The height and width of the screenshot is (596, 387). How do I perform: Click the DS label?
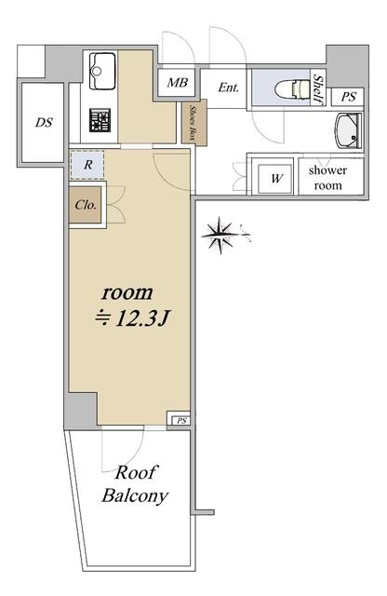pos(44,122)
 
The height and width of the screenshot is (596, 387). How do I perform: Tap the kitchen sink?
pos(101,71)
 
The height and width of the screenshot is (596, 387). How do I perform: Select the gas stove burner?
pos(100,120)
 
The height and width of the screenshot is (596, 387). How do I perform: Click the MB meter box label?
pos(178,82)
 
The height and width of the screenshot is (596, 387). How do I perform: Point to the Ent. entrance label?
pos(228,88)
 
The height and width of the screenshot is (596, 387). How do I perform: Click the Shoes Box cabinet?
pos(194,122)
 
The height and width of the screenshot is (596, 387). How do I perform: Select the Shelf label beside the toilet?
pos(318,89)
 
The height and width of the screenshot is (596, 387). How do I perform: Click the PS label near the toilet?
pos(348,97)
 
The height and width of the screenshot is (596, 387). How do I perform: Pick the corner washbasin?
pos(348,130)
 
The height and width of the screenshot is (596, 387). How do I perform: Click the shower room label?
pos(327,178)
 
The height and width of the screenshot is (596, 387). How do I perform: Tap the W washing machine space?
pos(275,178)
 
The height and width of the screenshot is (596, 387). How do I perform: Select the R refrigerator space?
pos(87,165)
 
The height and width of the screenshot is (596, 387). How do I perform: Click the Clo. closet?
pos(85,205)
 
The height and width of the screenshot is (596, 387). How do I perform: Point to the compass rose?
pos(221,235)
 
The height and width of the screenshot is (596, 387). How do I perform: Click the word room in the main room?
pos(127,292)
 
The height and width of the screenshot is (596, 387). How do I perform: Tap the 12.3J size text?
pos(131,318)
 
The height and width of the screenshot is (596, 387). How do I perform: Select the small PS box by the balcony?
pos(181,421)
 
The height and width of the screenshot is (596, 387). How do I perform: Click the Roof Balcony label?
pos(135,484)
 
